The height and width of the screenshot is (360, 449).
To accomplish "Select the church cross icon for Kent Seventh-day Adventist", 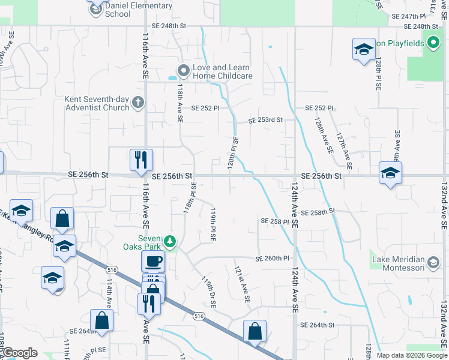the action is [x=137, y=101].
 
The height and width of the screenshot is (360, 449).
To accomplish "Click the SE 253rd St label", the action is [x=266, y=120].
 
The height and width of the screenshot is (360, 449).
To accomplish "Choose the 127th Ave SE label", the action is [x=345, y=150].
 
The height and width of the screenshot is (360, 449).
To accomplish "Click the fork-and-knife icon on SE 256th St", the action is [x=141, y=160].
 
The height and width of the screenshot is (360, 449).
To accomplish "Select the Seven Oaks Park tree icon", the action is [x=171, y=241].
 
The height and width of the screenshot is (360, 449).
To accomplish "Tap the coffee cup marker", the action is [x=152, y=261].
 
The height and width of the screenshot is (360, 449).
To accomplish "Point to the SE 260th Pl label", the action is [x=273, y=259].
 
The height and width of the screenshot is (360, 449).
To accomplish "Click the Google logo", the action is [x=19, y=352].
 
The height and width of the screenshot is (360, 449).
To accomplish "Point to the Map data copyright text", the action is [x=411, y=355].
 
